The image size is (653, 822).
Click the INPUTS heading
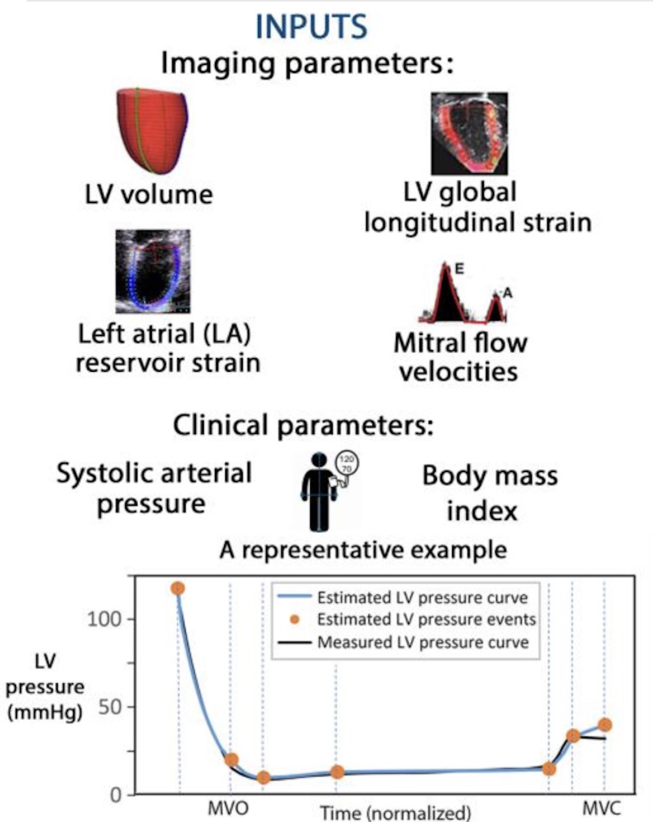[311, 26]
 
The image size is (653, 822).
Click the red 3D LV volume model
[152, 131]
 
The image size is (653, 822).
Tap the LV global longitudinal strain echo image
[469, 133]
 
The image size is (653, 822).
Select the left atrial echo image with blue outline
[153, 271]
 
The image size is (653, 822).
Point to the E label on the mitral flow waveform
[459, 269]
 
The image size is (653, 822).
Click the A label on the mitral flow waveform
[507, 293]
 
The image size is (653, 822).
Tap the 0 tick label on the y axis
[115, 796]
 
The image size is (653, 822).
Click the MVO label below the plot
[228, 808]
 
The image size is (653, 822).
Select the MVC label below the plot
[602, 808]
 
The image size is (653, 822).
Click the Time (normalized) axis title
[395, 813]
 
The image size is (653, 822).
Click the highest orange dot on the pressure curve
[177, 588]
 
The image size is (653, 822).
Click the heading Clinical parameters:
[304, 426]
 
